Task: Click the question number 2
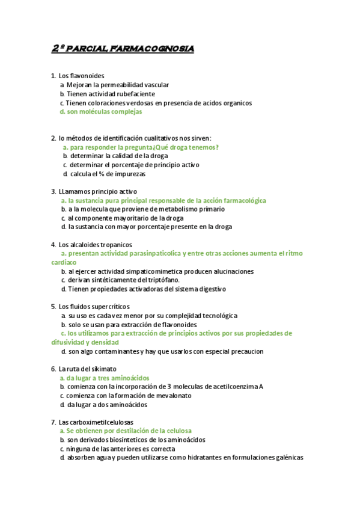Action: (x=53, y=138)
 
